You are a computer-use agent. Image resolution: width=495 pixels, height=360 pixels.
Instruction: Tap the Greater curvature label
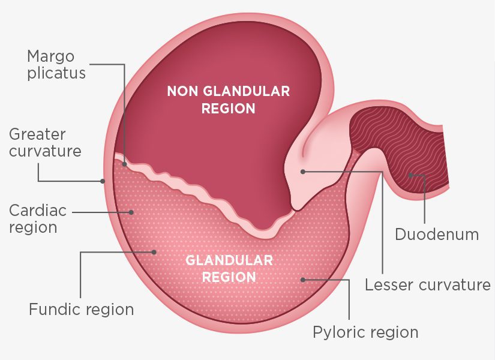(x=45, y=142)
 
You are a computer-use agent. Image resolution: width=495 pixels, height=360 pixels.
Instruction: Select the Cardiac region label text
(x=38, y=219)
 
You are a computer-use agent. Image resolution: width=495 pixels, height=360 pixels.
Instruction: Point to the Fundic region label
(x=81, y=310)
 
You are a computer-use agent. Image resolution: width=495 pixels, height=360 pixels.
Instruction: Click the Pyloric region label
(x=365, y=332)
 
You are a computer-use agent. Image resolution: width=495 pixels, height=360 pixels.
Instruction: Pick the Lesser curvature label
(x=427, y=284)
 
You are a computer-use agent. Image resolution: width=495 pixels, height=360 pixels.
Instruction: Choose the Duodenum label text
(x=437, y=234)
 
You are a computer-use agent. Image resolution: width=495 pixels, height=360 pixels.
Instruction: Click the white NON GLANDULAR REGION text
(x=228, y=100)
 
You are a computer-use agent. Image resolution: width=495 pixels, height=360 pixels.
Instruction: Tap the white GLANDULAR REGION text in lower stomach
(x=229, y=269)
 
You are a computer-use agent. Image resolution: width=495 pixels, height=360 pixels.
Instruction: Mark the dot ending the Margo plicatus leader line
(x=125, y=163)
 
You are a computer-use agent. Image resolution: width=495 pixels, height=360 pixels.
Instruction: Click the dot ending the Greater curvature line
(x=103, y=181)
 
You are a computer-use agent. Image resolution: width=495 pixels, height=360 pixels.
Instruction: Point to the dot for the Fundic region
(x=154, y=252)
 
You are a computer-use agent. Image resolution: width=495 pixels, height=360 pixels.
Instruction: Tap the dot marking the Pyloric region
(x=303, y=280)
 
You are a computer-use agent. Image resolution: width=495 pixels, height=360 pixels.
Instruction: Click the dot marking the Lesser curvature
(x=303, y=172)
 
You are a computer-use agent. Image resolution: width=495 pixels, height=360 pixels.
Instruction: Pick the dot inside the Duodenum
(x=410, y=176)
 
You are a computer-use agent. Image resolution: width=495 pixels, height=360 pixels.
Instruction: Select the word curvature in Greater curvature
(x=45, y=151)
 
